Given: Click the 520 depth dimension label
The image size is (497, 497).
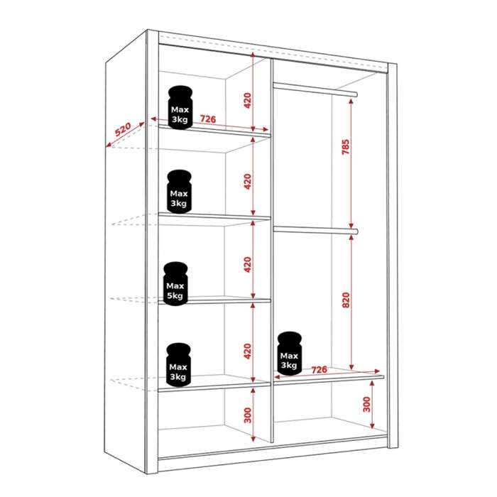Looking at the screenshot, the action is [123, 129].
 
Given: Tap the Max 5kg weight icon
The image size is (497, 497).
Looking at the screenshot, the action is [175, 284].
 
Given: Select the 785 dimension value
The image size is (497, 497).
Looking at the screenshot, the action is [346, 147].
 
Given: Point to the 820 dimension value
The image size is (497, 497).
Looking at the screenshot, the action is [346, 300].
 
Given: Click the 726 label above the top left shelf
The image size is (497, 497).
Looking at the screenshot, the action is [208, 119].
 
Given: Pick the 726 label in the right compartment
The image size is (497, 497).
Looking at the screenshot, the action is [319, 370].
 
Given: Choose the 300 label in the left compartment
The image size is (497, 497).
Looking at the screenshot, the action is [248, 415].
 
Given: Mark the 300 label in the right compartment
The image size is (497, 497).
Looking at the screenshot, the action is [366, 404].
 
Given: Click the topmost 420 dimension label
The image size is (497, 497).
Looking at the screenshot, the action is [247, 101].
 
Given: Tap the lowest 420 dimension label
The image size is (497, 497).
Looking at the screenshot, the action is [248, 351].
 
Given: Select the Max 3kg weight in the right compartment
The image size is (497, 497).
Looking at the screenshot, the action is [290, 354].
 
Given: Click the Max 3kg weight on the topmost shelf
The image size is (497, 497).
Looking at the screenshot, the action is [180, 107].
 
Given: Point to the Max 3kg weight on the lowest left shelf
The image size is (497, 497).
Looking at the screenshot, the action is [178, 365].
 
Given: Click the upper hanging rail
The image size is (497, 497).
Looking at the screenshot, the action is [315, 89].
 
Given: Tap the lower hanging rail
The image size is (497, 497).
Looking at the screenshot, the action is [316, 230].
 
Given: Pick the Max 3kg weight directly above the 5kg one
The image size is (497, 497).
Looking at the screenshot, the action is [179, 192].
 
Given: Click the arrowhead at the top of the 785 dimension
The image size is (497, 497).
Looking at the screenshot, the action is [351, 102].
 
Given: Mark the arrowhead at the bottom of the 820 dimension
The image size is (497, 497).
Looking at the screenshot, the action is [351, 367].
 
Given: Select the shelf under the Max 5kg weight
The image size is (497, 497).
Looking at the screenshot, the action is [214, 300].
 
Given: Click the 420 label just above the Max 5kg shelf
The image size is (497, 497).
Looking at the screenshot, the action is [248, 265].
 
